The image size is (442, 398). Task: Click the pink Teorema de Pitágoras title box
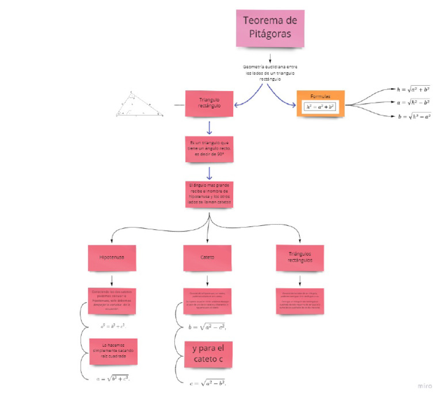(270, 28)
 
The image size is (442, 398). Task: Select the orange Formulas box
(320, 104)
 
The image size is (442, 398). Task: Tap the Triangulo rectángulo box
(209, 103)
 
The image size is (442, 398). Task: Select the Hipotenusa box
(112, 258)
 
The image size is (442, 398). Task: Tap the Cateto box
(207, 258)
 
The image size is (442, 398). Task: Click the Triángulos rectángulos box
(300, 257)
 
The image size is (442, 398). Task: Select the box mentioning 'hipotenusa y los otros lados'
(209, 195)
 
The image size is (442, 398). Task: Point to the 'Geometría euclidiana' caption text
(270, 73)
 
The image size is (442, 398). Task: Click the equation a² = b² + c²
(112, 325)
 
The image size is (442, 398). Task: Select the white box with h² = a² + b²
(320, 107)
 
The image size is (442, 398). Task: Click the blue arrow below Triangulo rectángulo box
(209, 128)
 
